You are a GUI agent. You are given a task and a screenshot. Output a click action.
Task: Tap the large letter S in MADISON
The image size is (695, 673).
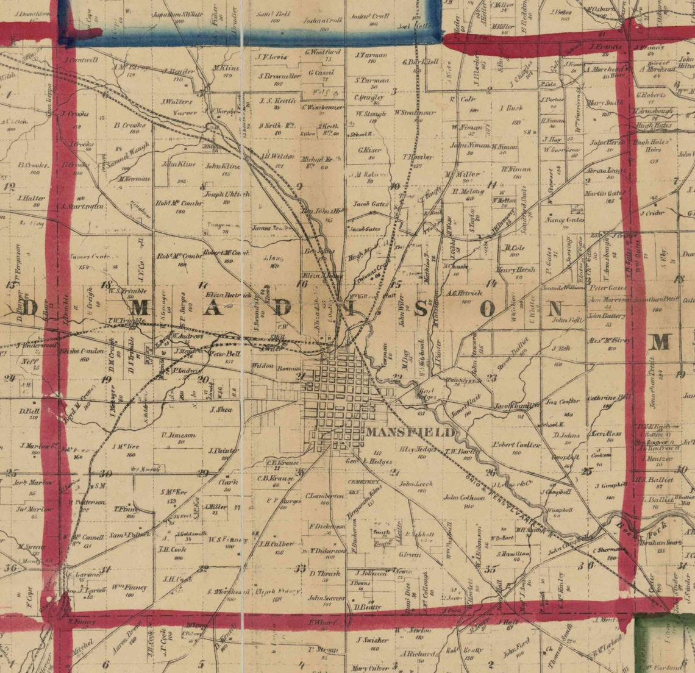[421, 308]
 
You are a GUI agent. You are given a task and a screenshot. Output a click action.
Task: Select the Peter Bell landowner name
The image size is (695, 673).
[225, 353]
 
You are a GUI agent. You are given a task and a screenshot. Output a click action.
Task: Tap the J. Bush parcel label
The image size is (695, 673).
[511, 108]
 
